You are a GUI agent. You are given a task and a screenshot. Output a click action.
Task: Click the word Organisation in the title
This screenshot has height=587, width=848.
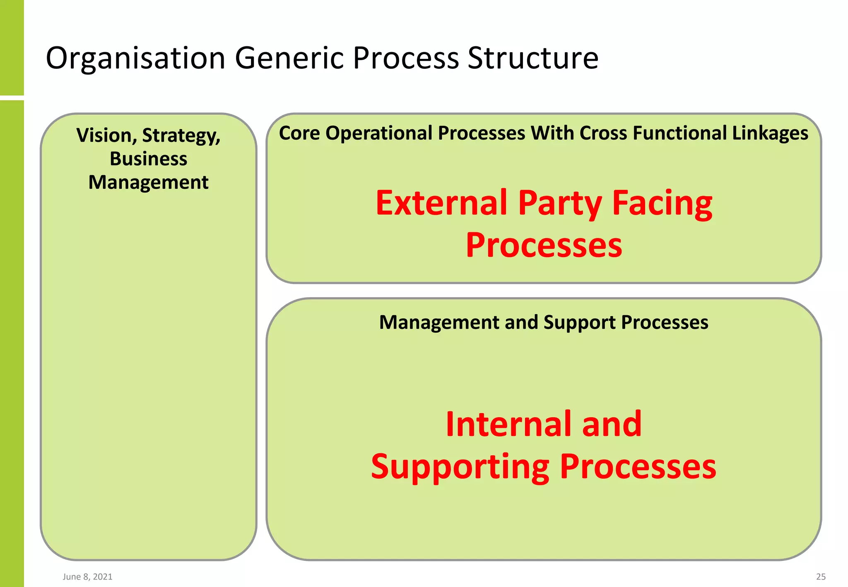[135, 58]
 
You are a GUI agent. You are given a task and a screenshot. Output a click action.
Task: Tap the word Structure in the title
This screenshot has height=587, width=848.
[533, 58]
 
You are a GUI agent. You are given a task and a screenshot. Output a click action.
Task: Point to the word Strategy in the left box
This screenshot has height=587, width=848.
[181, 136]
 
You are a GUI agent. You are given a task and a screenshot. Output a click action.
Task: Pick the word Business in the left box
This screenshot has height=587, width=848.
[148, 159]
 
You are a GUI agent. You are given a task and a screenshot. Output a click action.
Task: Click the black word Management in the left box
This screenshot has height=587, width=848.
[148, 183]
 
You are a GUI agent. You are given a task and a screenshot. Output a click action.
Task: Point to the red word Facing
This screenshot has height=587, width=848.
[662, 204]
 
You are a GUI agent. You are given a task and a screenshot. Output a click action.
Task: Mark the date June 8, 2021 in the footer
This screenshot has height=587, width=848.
[87, 577]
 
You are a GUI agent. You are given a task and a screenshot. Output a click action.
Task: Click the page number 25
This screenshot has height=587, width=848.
[821, 577]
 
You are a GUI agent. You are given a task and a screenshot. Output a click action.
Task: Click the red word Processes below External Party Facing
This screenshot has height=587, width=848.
[544, 245]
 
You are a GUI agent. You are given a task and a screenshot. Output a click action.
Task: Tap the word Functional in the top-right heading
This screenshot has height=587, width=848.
[679, 133]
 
